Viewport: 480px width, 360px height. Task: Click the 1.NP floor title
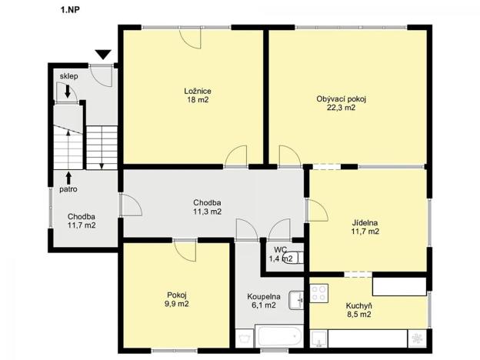click(69, 10)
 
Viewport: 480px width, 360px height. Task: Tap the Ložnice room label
click(198, 91)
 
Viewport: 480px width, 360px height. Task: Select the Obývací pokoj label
click(341, 98)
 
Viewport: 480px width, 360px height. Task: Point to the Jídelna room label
click(365, 223)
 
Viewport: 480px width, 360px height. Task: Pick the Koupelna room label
click(263, 296)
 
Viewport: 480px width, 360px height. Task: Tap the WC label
click(280, 250)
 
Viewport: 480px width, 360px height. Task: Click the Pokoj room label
click(177, 295)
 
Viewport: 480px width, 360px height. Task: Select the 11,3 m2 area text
click(208, 211)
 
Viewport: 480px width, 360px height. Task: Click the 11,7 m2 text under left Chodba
click(81, 225)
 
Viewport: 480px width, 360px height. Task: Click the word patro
click(68, 188)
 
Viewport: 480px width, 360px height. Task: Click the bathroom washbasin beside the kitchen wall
click(295, 300)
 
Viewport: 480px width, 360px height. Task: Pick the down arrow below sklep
click(68, 92)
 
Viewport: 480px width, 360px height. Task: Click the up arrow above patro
click(68, 177)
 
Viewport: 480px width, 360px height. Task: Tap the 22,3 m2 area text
click(341, 108)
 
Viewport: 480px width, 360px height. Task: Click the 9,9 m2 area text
click(177, 305)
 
